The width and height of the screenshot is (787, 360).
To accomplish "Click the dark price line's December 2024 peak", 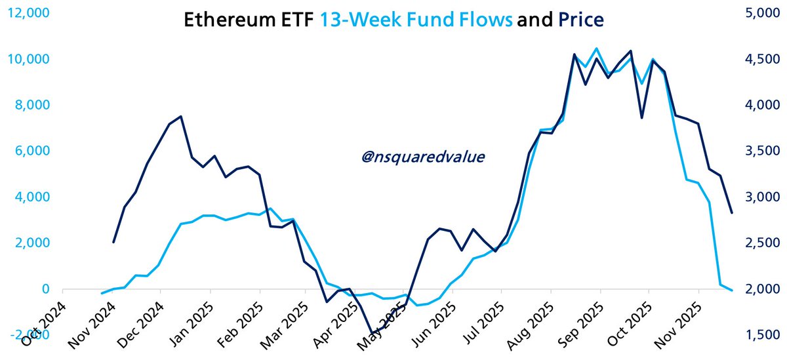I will click(x=180, y=116).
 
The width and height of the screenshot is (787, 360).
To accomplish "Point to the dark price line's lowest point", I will click(x=372, y=334).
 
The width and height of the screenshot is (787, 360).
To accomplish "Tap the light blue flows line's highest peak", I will click(x=596, y=48).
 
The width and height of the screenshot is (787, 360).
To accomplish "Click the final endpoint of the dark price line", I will click(x=732, y=212).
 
